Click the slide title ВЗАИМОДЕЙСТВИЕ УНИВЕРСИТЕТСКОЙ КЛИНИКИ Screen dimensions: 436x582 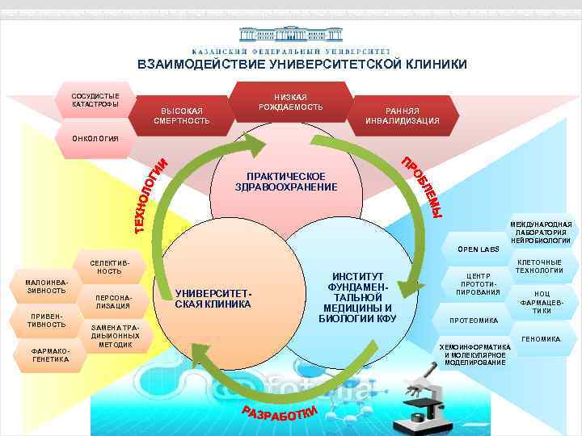click(x=302, y=65)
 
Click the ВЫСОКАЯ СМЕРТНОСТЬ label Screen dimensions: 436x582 click(x=182, y=115)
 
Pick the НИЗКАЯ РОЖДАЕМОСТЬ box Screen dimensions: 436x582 click(x=291, y=102)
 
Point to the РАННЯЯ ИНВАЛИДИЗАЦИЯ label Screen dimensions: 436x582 click(x=403, y=115)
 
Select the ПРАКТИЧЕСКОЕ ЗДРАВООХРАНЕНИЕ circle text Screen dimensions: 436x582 click(x=286, y=182)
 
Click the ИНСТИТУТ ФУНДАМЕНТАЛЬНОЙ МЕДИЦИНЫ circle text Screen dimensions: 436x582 click(x=358, y=296)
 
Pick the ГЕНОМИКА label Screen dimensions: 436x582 click(x=541, y=339)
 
